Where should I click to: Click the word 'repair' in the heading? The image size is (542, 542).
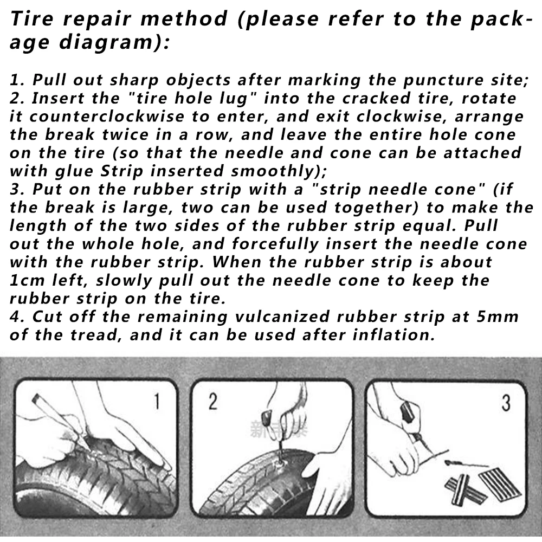coord(98,20)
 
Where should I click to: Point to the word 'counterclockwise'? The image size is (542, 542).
coord(107,116)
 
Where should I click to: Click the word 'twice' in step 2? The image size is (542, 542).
coord(126,134)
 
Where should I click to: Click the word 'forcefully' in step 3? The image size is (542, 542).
coord(275,244)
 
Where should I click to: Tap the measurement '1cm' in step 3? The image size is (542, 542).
coord(27,281)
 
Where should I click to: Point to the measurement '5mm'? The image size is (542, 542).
coord(498,317)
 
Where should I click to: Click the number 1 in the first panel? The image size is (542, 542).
coord(157,401)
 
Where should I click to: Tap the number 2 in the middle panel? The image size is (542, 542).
coord(213,401)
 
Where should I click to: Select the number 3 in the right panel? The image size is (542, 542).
coord(506,403)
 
